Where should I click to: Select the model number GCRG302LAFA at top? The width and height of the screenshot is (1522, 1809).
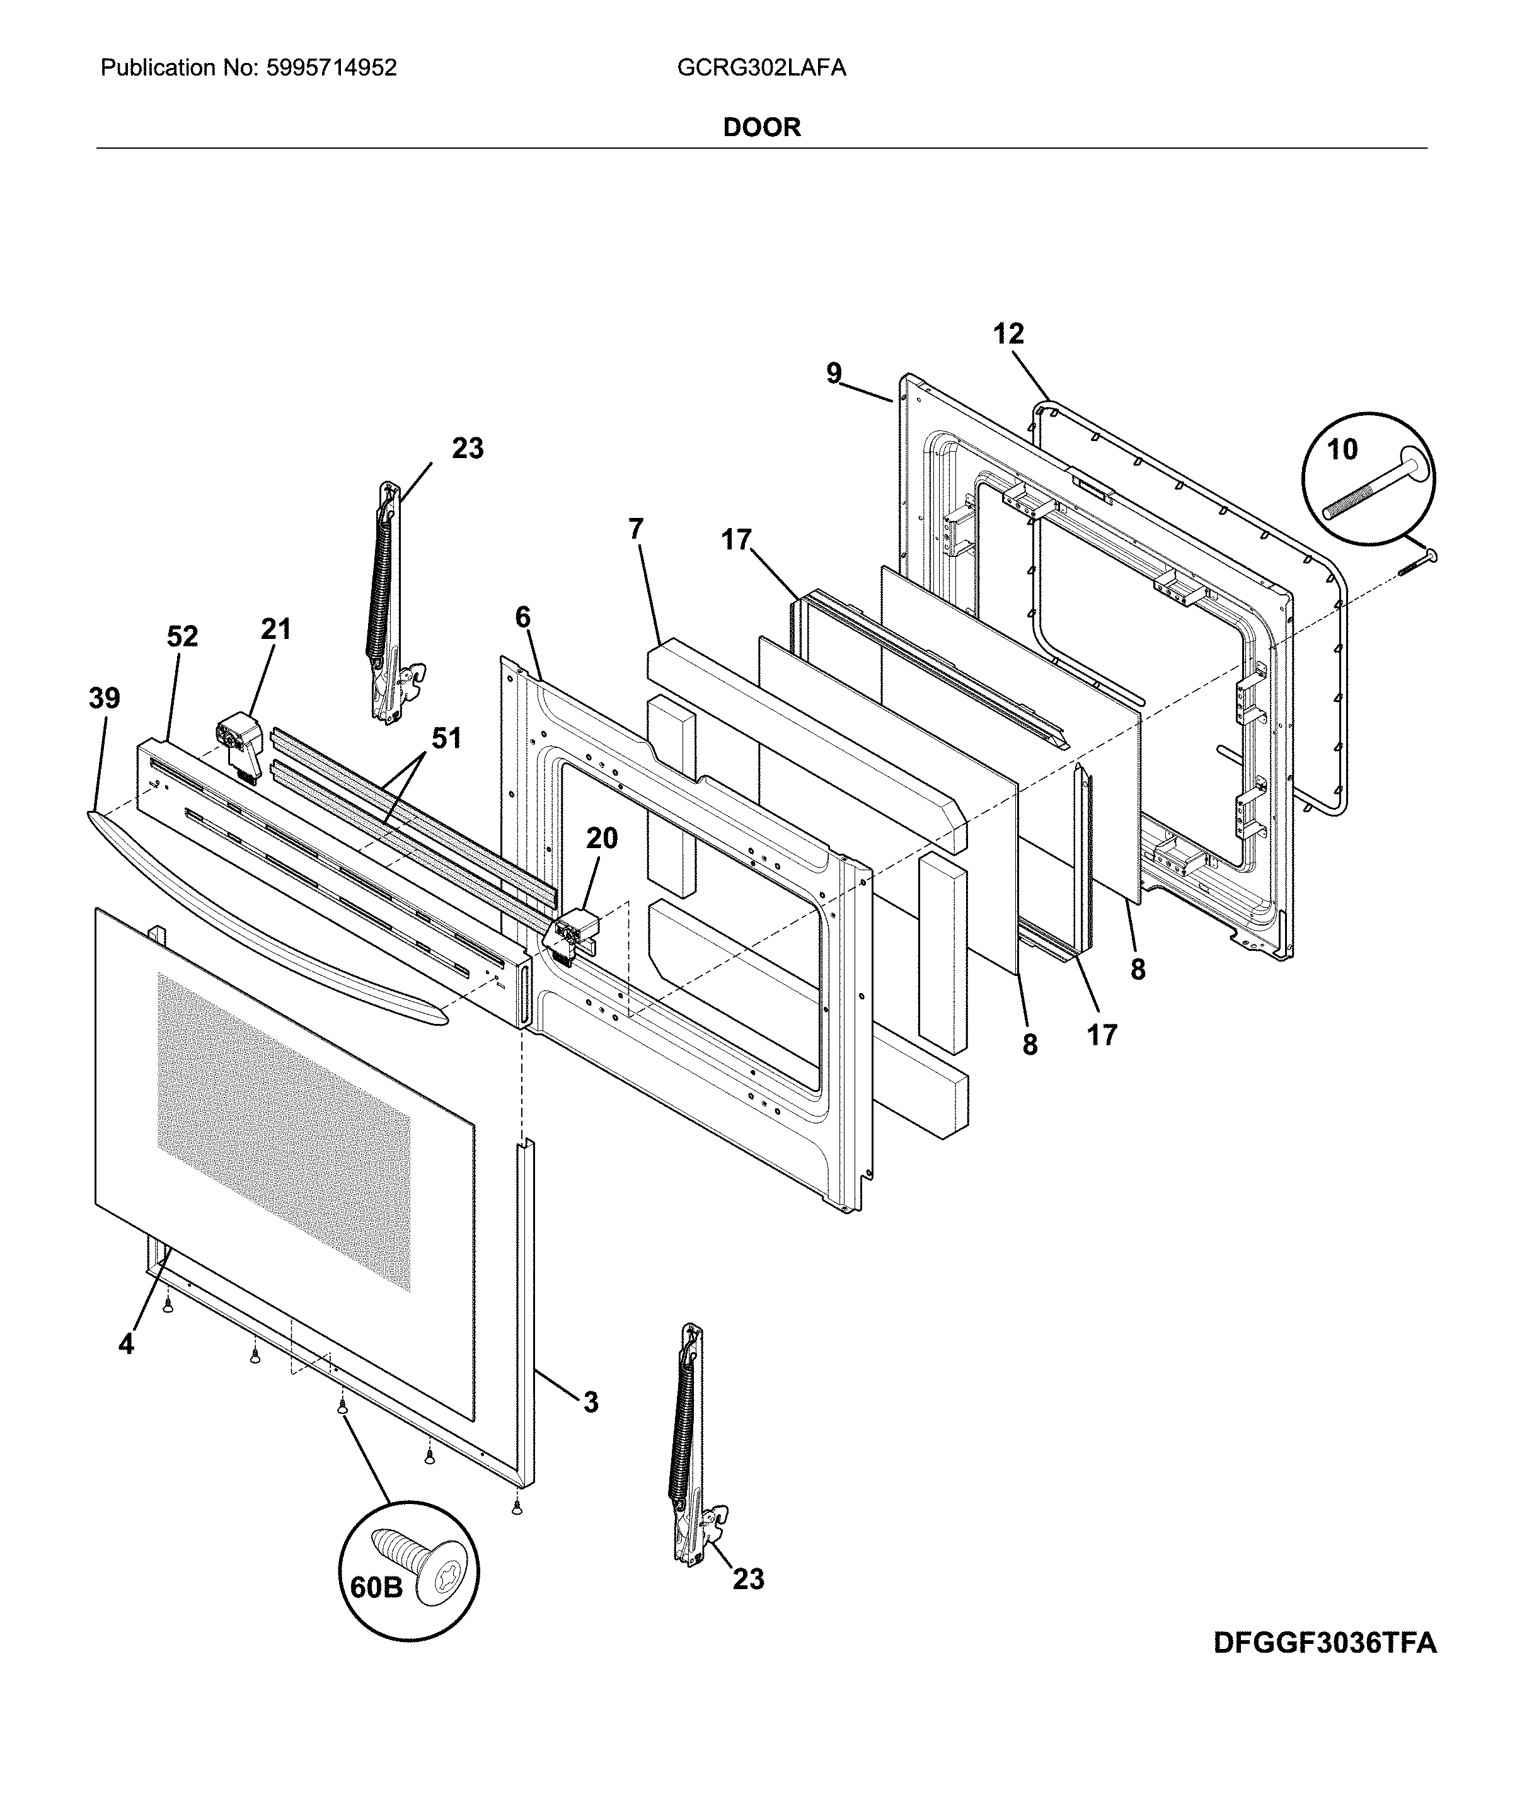761,68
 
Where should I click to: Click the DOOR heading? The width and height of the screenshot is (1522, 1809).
761,128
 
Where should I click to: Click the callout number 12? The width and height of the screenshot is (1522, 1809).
1008,334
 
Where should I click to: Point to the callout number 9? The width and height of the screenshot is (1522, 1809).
833,374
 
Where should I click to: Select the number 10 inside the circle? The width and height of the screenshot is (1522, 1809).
1342,449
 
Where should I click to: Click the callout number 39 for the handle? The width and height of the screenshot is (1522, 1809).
105,699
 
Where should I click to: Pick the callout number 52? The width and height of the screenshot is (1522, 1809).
182,636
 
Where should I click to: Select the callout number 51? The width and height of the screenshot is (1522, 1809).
446,738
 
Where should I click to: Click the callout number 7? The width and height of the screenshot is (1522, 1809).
636,529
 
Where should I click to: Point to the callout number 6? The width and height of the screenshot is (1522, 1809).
523,617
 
